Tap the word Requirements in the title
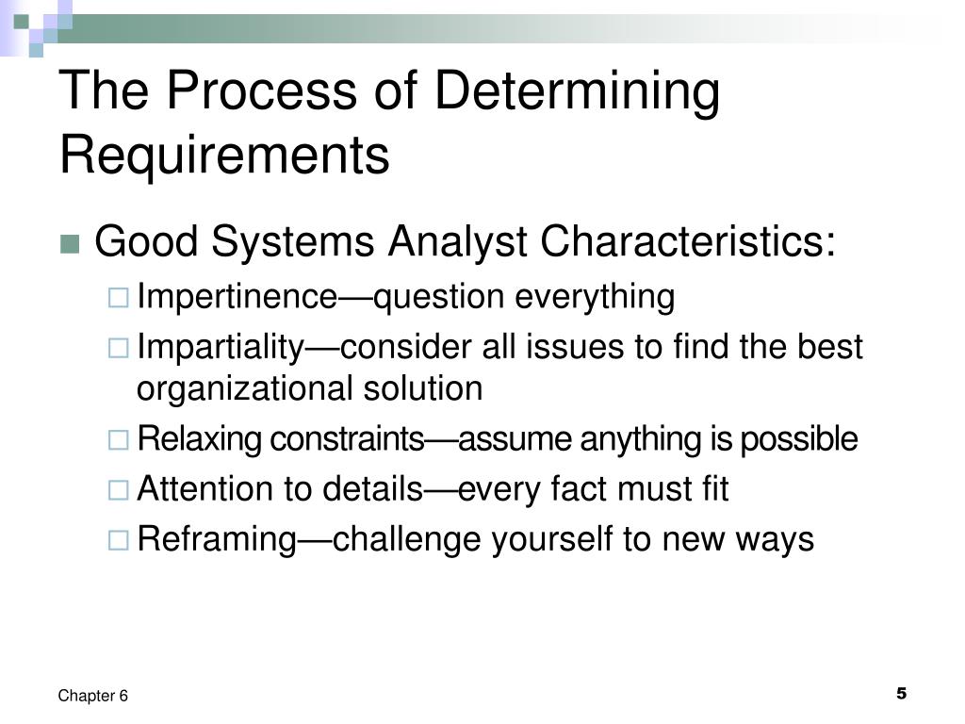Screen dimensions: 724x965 (224, 156)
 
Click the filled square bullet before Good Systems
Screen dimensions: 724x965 (69, 245)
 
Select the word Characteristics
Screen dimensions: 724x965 (687, 243)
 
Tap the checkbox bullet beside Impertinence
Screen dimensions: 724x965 (118, 299)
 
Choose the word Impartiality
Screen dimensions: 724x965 (219, 348)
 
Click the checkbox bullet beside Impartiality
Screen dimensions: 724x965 (118, 349)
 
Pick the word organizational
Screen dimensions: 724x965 (243, 389)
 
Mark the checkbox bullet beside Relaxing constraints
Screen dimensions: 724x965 (118, 440)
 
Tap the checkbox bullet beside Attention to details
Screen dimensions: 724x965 (118, 491)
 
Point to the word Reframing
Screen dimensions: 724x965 (216, 540)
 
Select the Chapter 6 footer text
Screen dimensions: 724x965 (92, 696)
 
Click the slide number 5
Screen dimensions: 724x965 (901, 694)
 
